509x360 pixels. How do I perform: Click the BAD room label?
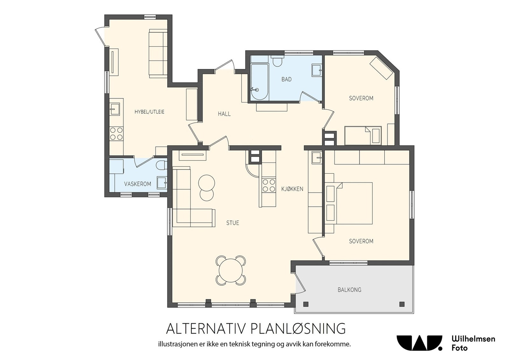tap(286, 79)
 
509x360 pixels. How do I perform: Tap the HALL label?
tap(224, 114)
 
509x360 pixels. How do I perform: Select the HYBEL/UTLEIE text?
tap(149, 112)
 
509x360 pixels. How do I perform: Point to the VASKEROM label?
tap(137, 184)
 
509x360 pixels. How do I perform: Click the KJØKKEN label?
tap(292, 189)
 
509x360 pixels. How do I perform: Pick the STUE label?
tap(233, 223)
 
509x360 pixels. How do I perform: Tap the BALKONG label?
tap(350, 290)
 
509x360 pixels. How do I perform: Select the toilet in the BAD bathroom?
tap(277, 61)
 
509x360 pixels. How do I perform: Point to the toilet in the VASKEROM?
tap(162, 165)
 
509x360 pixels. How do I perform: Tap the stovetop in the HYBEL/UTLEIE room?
tap(116, 134)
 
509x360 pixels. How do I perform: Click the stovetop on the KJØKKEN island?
tap(269, 185)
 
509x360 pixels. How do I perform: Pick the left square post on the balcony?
tap(306, 304)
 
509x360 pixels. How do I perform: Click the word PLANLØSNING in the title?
tap(298, 329)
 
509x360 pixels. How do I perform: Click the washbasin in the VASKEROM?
tap(162, 183)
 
